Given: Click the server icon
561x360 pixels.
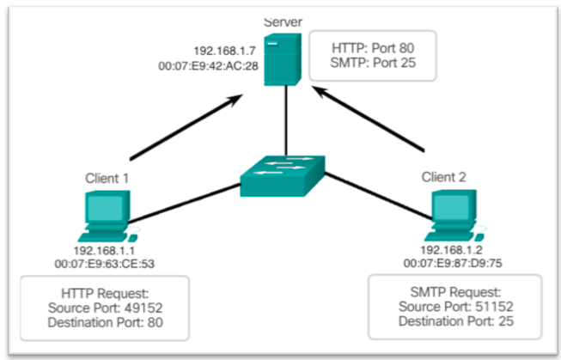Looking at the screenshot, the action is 283,59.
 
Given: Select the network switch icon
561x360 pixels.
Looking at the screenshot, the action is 283,176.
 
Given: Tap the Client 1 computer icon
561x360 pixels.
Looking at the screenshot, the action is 108,217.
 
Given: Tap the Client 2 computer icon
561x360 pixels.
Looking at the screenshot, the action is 454,216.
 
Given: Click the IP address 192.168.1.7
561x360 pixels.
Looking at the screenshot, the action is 225,51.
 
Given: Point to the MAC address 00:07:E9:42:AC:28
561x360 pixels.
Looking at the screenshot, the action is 208,66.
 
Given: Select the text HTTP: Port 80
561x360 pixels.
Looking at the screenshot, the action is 373,48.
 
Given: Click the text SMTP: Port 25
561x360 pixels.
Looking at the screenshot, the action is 373,63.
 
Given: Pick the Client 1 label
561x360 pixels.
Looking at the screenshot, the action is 107,178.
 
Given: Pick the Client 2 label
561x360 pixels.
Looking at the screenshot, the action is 443,177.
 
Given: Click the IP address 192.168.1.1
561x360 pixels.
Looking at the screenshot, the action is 104,251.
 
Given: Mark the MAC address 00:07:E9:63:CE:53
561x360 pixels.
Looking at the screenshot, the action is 105,264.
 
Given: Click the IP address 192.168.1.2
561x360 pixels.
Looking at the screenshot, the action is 452,250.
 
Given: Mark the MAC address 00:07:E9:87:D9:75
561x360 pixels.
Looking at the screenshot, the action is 453,264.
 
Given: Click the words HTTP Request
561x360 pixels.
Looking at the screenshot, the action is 105,294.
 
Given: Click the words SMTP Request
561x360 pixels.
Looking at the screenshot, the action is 455,292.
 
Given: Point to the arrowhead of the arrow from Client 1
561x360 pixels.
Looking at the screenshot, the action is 236,99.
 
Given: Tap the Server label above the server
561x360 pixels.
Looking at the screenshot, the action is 283,22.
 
